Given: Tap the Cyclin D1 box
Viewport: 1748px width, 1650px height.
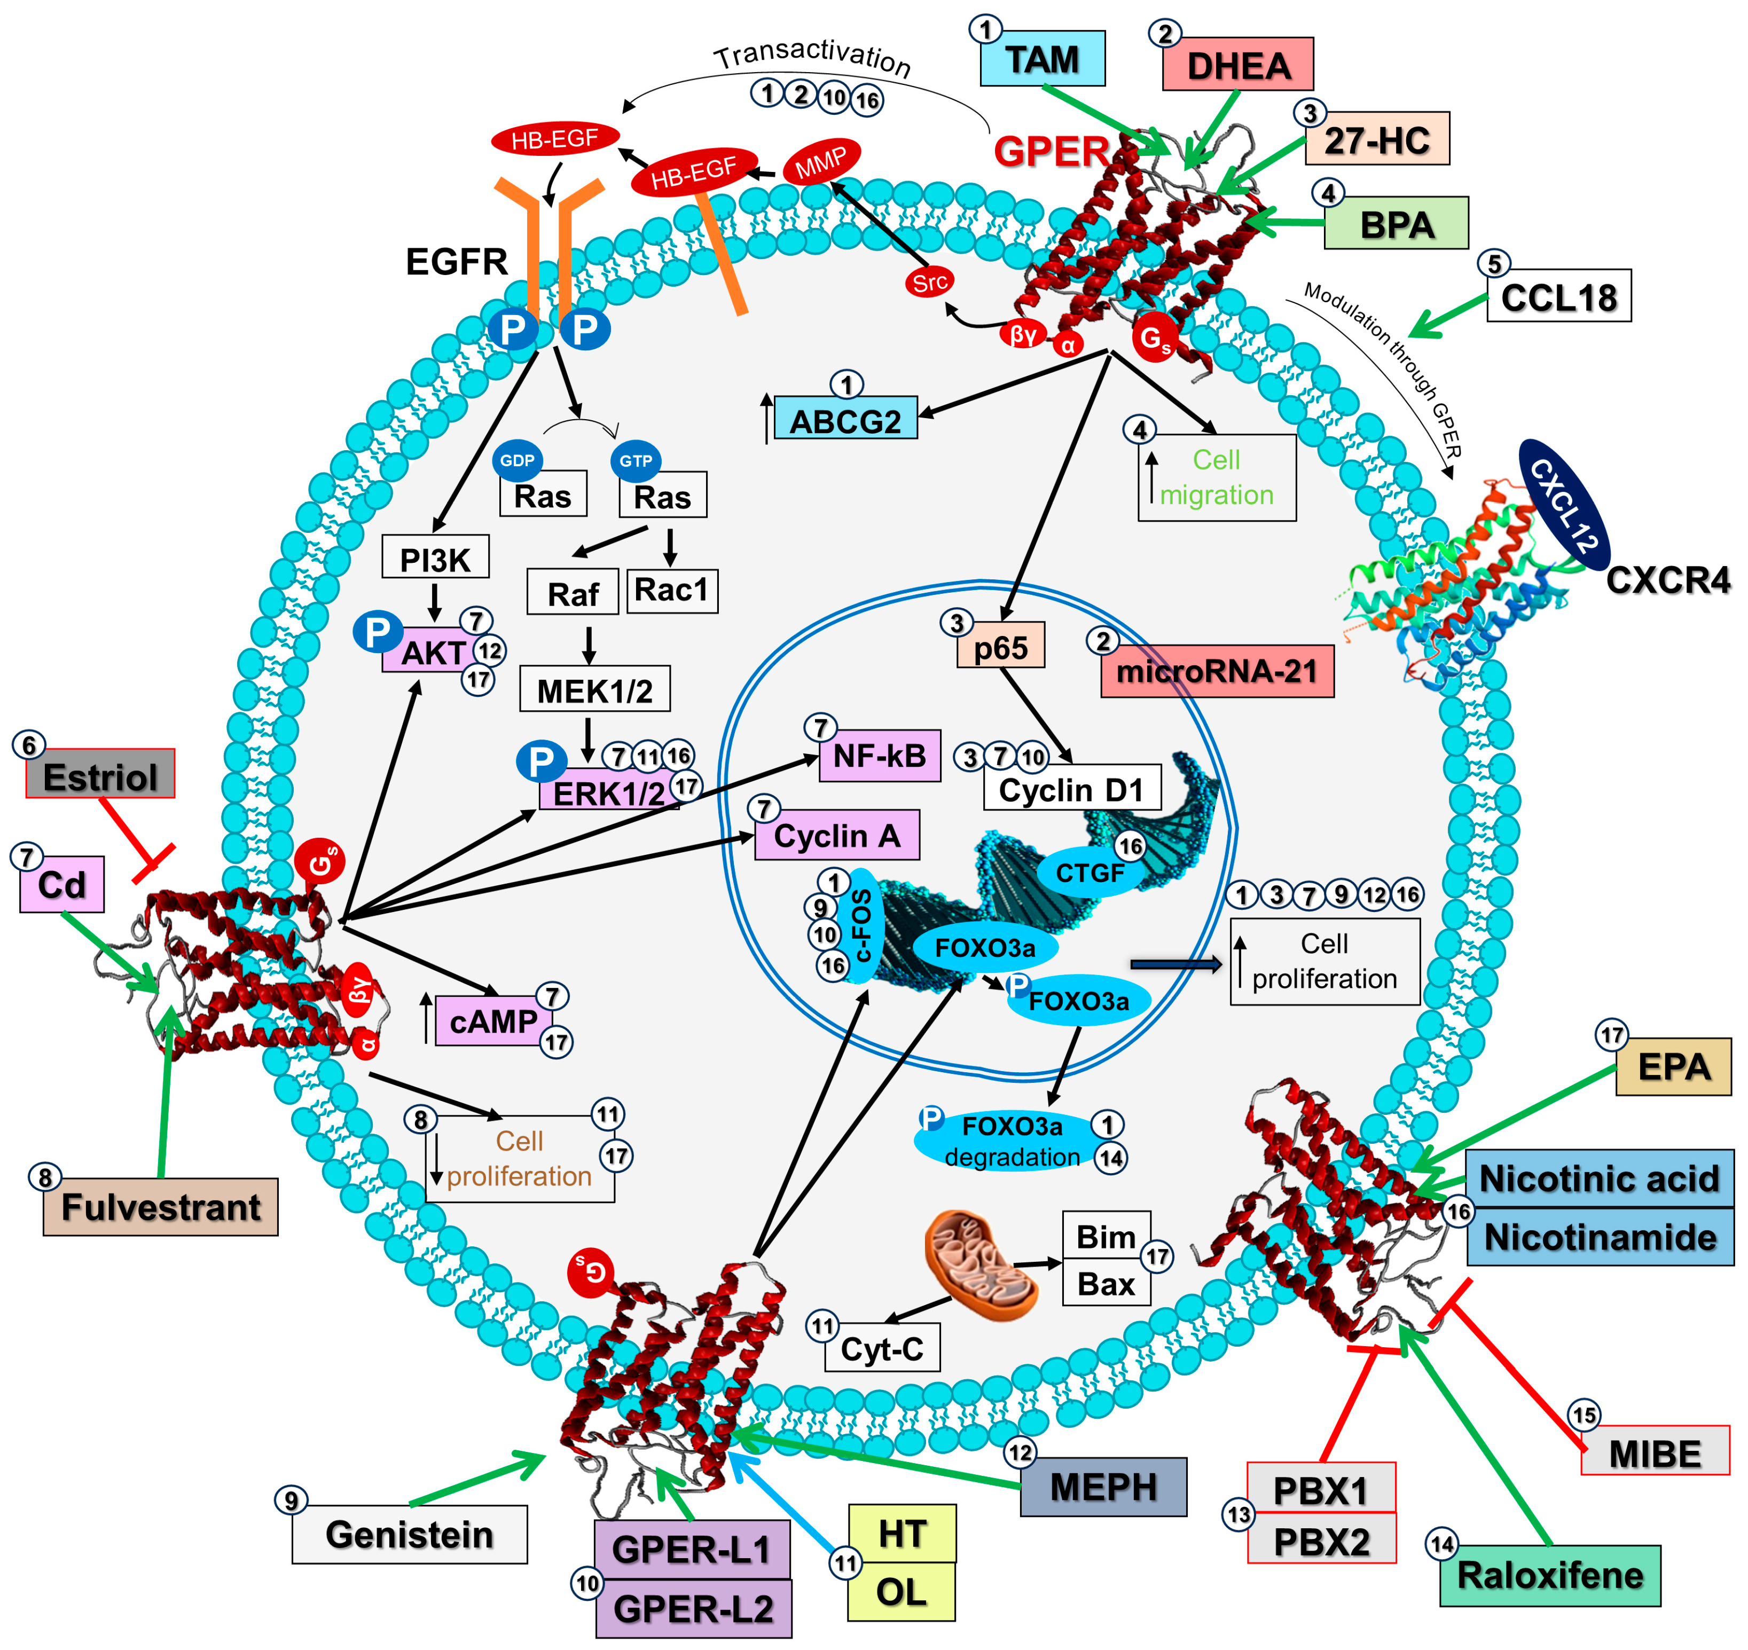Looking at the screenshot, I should tap(1071, 789).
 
